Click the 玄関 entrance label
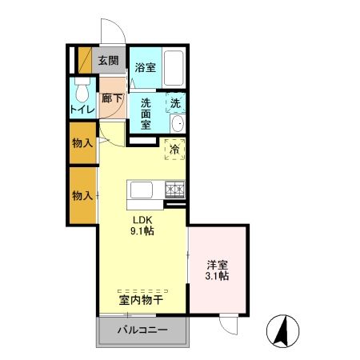108,59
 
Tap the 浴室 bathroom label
144,68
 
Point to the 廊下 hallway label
111,99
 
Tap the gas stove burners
174,190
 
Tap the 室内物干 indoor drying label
142,300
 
